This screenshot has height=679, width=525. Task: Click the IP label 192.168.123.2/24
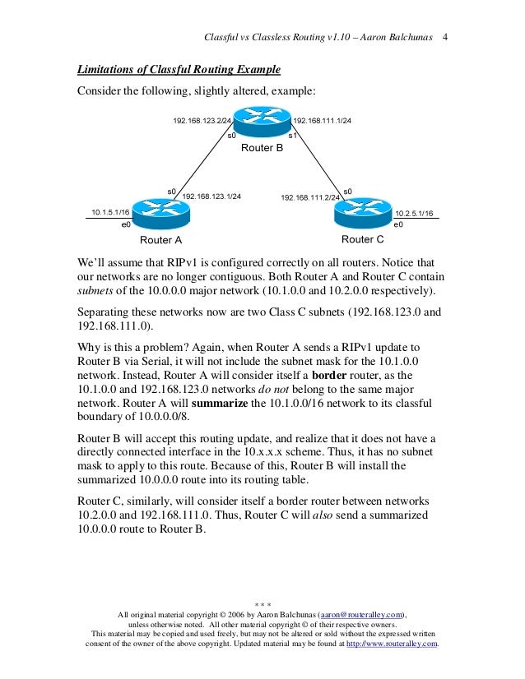tap(201, 121)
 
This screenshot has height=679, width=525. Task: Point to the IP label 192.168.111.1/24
tap(323, 121)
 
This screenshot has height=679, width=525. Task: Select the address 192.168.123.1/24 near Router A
tap(211, 196)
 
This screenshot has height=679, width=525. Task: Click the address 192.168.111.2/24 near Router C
tap(310, 198)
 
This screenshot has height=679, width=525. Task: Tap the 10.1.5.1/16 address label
tap(110, 213)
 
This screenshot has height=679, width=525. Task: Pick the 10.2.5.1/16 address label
tap(415, 213)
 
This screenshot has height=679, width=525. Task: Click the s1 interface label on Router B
tap(292, 134)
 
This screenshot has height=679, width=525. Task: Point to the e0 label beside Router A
tap(126, 224)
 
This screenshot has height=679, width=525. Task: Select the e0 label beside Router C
tap(398, 224)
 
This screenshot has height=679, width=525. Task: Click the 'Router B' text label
tap(262, 149)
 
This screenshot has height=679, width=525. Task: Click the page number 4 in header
tap(445, 38)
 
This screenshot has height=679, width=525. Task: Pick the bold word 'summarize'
tap(221, 403)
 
